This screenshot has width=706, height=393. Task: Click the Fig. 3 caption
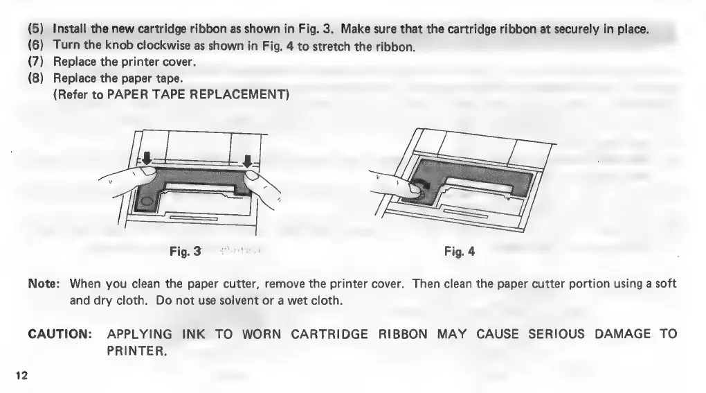185,252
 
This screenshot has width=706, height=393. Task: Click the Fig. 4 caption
460,252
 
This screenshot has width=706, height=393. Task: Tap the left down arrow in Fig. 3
146,159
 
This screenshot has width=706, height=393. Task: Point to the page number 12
21,375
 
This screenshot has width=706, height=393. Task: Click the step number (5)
35,30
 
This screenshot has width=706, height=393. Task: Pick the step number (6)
35,47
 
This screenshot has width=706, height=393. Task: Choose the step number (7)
35,63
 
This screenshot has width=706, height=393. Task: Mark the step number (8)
35,78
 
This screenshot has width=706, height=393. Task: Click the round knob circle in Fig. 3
147,202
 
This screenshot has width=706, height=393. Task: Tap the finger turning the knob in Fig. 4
395,182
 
